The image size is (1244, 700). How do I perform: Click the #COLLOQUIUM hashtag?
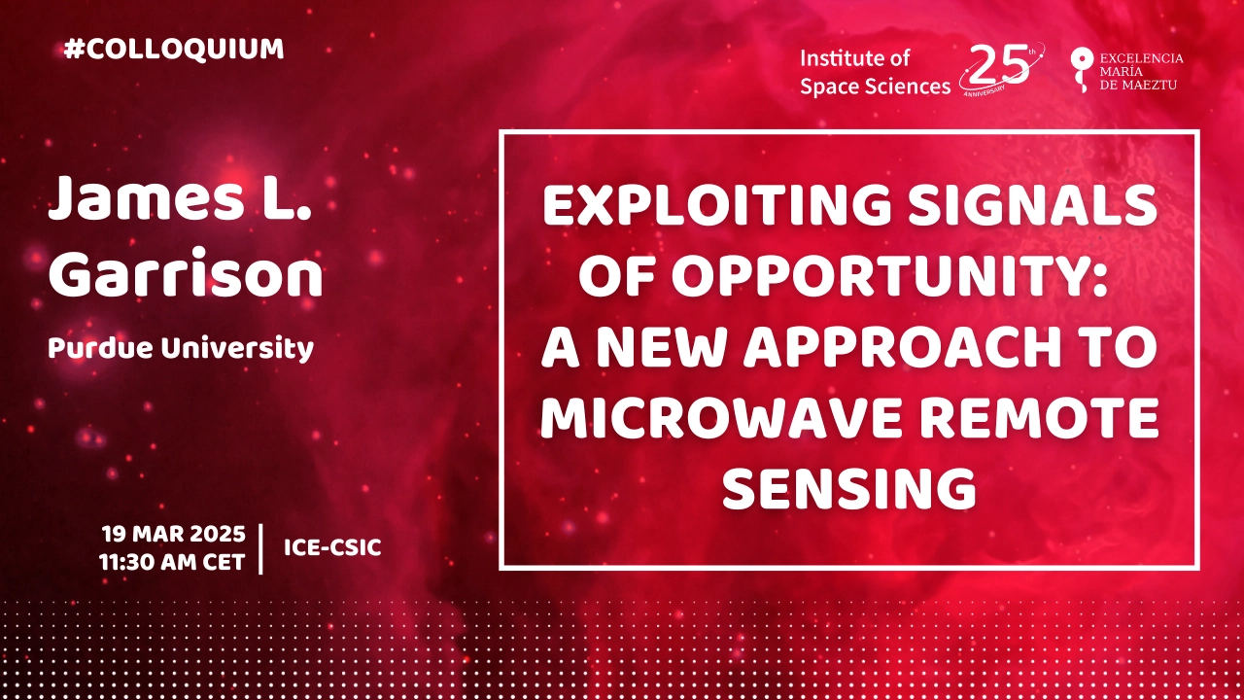click(174, 49)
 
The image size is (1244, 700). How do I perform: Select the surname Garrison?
click(186, 273)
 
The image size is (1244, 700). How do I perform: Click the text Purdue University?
click(181, 349)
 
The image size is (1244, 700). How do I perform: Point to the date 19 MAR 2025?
click(173, 534)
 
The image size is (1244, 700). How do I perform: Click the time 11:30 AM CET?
click(172, 562)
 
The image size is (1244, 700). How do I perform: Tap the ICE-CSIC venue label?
click(332, 547)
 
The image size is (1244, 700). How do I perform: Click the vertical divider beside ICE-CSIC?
click(261, 548)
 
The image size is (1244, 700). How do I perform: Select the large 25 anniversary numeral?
click(999, 65)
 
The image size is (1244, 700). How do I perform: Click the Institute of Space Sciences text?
click(876, 72)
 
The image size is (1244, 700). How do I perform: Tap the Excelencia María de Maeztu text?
click(1141, 72)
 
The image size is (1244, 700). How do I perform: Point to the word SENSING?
click(849, 489)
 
